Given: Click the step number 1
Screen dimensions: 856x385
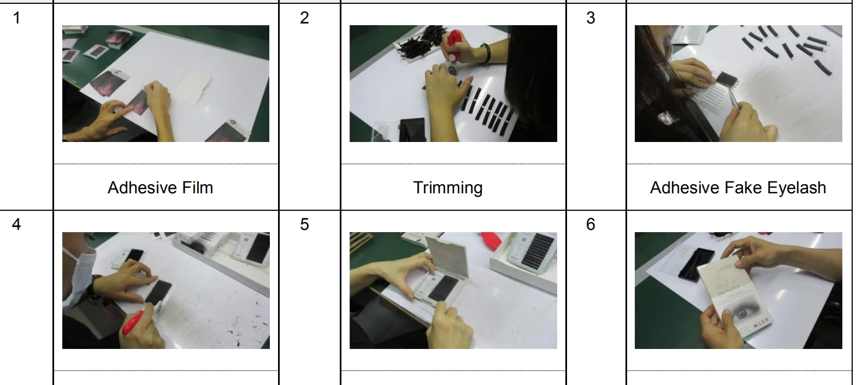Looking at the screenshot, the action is [16, 18].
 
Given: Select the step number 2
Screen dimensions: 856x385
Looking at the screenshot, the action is [304, 18].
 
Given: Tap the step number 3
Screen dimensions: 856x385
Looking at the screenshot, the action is [591, 18].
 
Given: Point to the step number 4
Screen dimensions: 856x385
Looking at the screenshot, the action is [16, 224].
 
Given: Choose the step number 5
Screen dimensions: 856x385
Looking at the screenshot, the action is [304, 224].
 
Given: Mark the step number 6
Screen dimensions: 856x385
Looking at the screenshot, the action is [591, 224].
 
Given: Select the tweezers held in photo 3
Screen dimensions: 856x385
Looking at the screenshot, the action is [736, 96].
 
